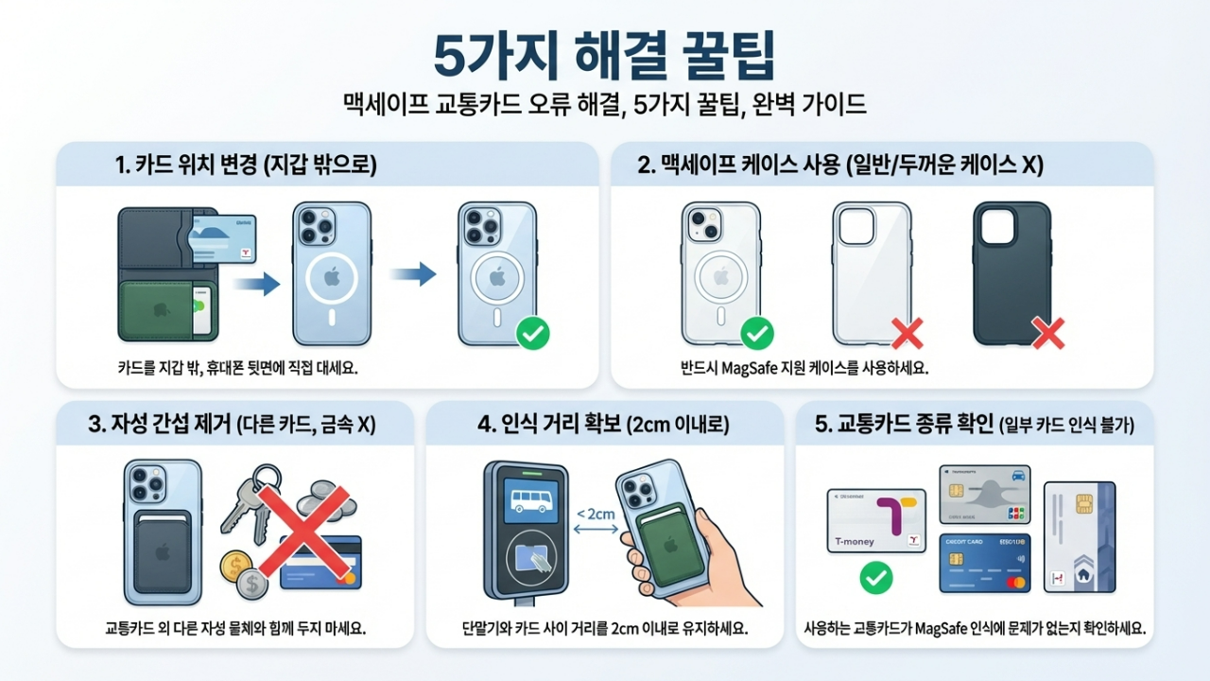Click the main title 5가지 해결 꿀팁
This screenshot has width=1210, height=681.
click(x=604, y=57)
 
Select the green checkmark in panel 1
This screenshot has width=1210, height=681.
click(x=533, y=333)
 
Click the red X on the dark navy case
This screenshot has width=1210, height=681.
click(x=1047, y=332)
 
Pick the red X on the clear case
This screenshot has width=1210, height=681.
click(x=907, y=332)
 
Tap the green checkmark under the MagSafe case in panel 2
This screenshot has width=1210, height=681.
click(x=755, y=333)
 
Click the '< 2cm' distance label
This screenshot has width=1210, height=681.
click(x=595, y=514)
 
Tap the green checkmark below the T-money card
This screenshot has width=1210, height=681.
click(x=876, y=578)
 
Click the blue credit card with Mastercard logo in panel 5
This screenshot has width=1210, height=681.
click(x=984, y=563)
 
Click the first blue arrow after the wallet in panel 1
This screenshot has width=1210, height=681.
click(x=258, y=283)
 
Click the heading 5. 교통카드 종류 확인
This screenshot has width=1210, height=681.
click(x=974, y=425)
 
